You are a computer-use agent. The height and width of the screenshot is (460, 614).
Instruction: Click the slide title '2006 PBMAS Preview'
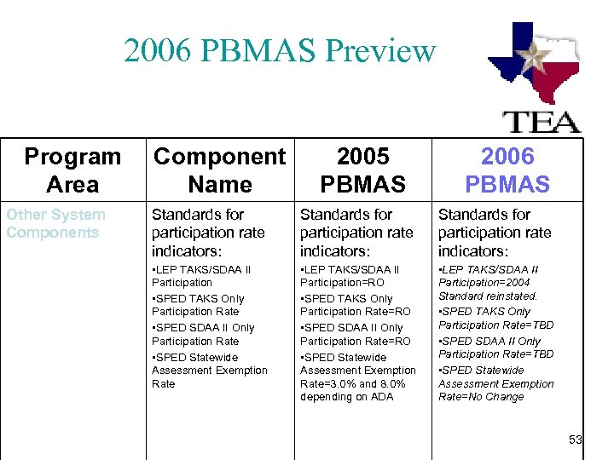click(280, 51)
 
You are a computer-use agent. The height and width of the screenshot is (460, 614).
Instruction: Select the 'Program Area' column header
click(72, 170)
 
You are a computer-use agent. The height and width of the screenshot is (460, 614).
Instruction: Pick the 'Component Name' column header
click(219, 170)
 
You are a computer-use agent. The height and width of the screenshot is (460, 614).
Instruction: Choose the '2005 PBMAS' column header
click(363, 170)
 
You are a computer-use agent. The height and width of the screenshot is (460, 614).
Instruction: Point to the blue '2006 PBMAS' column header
click(507, 170)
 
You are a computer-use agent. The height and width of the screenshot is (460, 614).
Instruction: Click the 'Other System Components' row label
click(56, 223)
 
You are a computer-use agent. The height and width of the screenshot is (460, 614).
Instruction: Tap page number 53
click(576, 440)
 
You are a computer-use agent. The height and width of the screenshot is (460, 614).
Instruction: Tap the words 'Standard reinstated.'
click(488, 296)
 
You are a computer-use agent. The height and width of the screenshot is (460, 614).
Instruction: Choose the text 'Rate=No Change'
click(481, 396)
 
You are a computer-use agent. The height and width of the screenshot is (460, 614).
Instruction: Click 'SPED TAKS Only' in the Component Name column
click(199, 298)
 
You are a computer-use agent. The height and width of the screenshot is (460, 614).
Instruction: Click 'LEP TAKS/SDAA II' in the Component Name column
click(202, 269)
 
